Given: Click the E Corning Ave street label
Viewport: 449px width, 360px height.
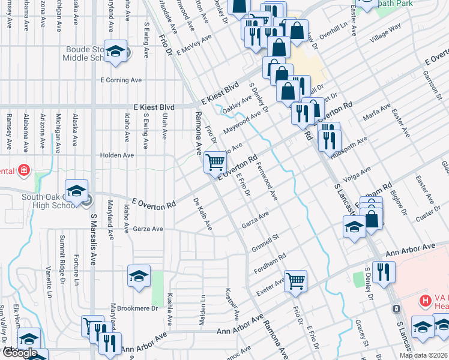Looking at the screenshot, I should (121, 80).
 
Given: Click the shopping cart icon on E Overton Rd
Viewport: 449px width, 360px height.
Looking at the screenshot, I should (215, 161).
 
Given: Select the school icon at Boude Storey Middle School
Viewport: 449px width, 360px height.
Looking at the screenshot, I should (115, 51).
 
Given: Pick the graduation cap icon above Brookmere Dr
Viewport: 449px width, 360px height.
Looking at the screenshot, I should (139, 276).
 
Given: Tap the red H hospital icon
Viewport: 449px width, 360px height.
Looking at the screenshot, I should (425, 299).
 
